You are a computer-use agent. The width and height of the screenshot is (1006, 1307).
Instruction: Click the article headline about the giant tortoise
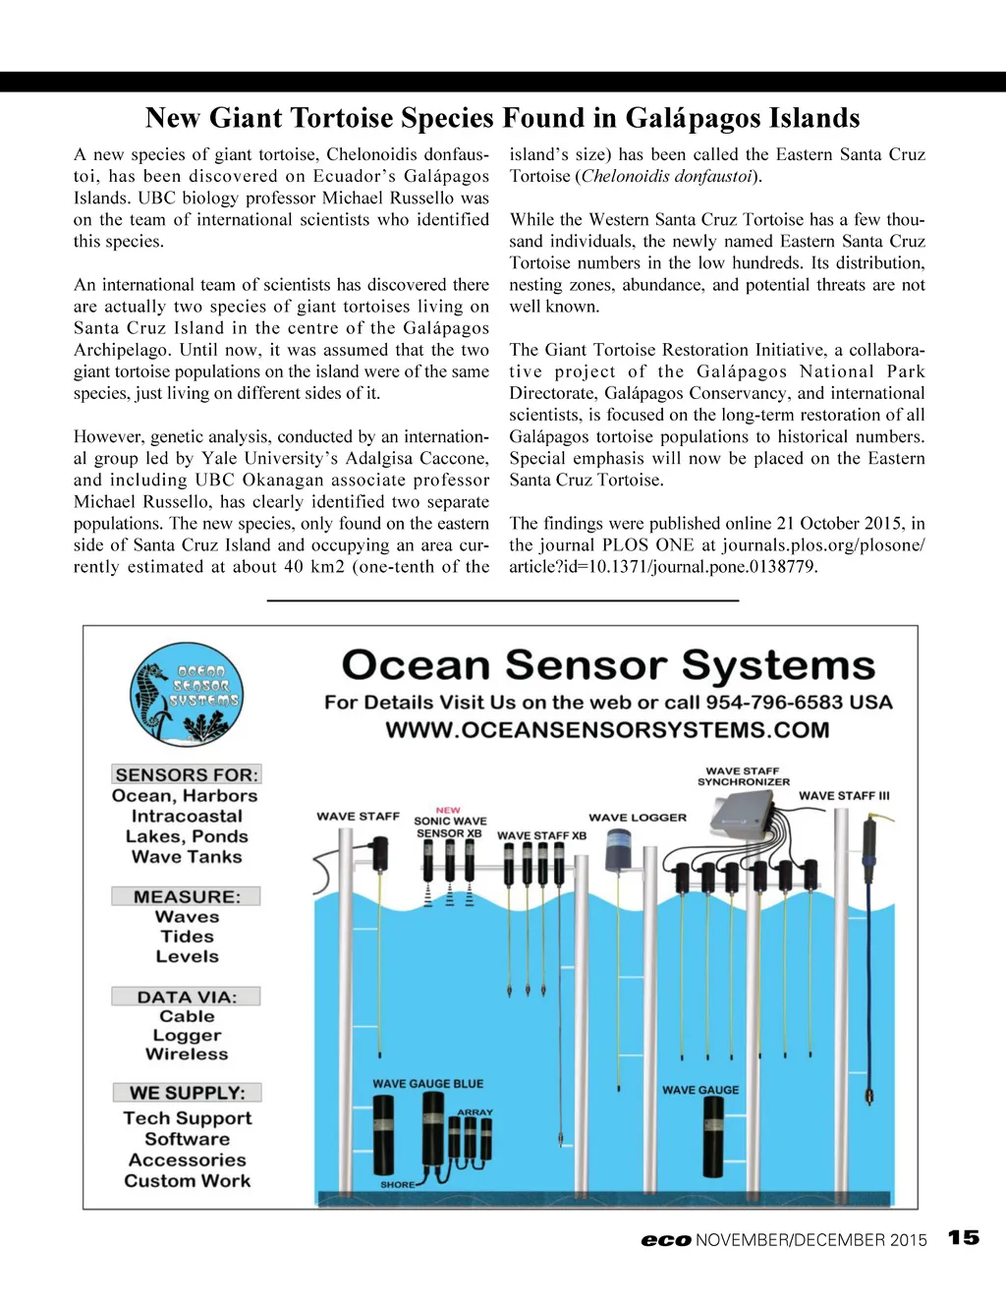(x=502, y=118)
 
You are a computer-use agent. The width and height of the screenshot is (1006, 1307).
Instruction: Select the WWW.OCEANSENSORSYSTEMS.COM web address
(x=607, y=730)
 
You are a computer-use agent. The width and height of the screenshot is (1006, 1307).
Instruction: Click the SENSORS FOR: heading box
(x=187, y=774)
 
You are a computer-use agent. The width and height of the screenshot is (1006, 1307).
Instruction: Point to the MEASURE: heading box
(x=187, y=896)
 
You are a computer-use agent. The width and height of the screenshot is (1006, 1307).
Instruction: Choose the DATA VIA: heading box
(x=187, y=996)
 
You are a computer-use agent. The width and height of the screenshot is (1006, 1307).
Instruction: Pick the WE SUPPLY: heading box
(x=187, y=1093)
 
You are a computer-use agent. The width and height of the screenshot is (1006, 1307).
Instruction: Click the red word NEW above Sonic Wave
(x=448, y=811)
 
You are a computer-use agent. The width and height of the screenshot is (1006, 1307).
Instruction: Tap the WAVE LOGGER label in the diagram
(x=638, y=817)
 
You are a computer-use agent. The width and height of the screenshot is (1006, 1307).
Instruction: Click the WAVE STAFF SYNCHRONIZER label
(x=743, y=776)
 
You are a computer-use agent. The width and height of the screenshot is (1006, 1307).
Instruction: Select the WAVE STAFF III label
(x=844, y=796)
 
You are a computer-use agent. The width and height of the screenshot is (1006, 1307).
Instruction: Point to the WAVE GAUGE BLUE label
(x=427, y=1084)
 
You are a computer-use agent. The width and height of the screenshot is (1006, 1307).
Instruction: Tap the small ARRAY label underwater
(x=475, y=1112)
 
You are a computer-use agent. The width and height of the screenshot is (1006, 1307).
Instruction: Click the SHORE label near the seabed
(x=397, y=1184)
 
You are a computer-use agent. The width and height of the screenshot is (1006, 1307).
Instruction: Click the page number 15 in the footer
(x=964, y=1237)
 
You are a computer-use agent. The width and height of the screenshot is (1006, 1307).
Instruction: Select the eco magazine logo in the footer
(x=666, y=1240)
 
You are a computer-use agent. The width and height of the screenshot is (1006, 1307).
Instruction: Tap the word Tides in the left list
(x=187, y=937)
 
